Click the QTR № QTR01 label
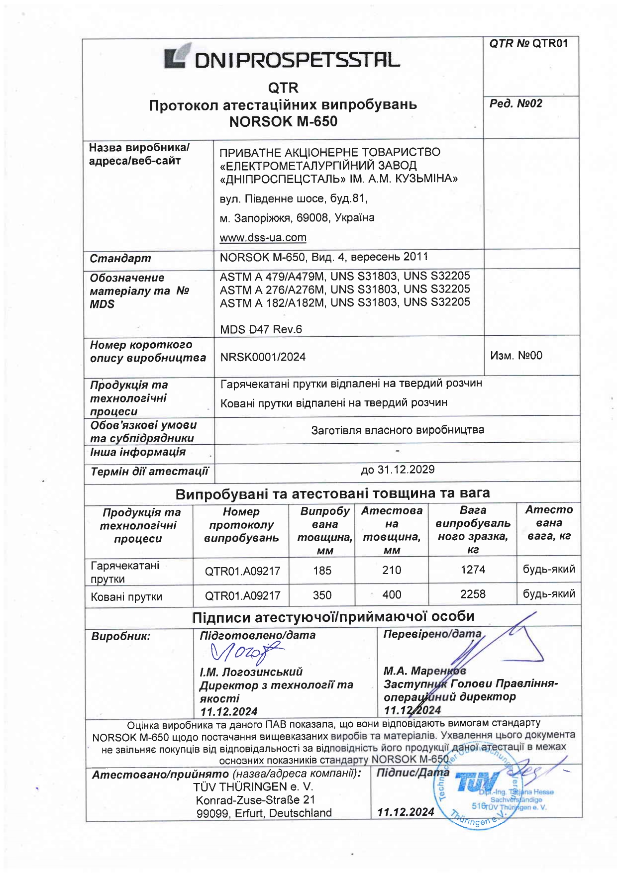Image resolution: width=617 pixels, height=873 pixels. click(528, 44)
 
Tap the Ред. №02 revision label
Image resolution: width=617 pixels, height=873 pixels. click(515, 103)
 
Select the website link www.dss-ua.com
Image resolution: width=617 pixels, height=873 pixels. click(263, 238)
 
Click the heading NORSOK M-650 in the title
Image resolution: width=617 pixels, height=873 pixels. click(283, 121)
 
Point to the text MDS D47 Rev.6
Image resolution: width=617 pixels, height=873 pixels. click(261, 329)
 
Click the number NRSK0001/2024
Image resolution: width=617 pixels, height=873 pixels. click(263, 357)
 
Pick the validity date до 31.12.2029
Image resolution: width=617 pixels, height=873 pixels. click(398, 470)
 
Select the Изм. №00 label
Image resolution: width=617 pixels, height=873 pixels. click(516, 356)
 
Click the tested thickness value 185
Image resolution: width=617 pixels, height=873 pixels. click(322, 571)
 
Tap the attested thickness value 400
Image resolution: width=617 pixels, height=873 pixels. click(392, 595)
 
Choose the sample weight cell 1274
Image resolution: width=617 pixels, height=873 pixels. click(473, 570)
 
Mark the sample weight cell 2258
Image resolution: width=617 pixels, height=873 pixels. click(473, 594)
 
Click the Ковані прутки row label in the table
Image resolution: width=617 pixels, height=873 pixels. click(126, 597)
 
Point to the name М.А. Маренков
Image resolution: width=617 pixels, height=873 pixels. click(424, 671)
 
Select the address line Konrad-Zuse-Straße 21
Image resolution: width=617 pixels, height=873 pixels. click(255, 800)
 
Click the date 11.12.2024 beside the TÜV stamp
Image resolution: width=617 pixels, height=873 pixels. click(406, 812)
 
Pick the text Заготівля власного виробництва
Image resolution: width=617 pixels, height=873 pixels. click(398, 430)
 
